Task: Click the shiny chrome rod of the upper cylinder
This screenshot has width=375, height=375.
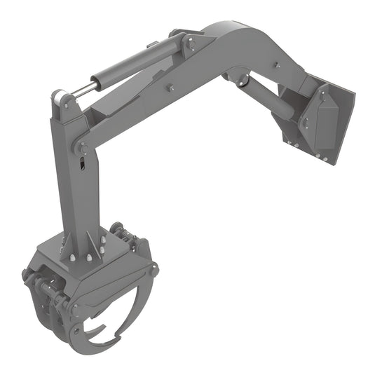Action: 83,90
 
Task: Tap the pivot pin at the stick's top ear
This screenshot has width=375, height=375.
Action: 65,102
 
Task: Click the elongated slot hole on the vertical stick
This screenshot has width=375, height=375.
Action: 83,165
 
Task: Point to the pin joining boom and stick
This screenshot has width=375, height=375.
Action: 82,147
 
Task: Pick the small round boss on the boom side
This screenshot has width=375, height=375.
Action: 170,89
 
